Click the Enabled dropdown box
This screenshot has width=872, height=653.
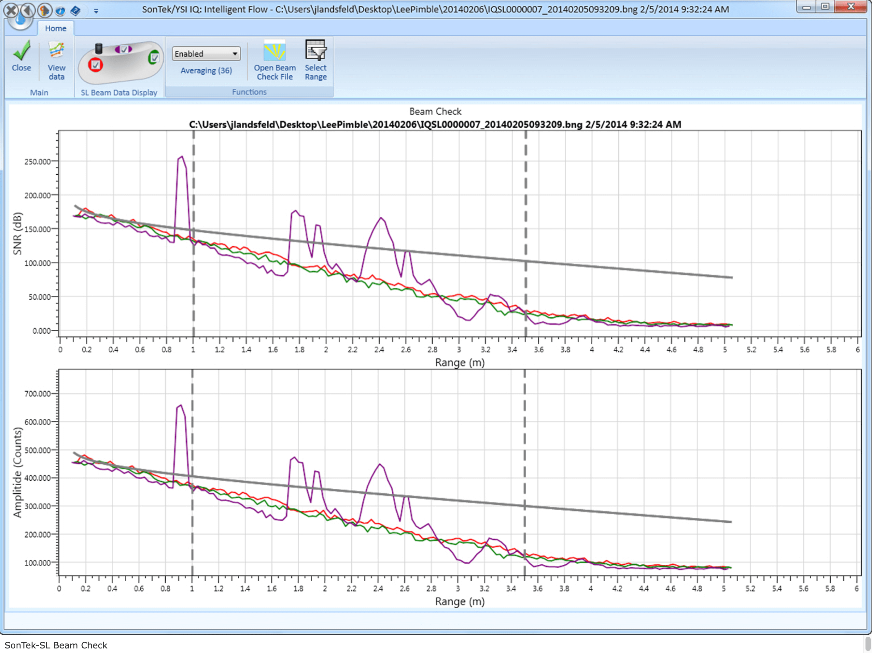point(206,54)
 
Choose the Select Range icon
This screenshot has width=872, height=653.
point(316,50)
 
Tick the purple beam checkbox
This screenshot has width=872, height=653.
point(124,49)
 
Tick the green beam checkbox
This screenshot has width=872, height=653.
point(154,58)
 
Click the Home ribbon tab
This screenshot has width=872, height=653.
point(56,28)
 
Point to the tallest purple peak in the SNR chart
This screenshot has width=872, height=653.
point(181,157)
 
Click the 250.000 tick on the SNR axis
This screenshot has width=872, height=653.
point(37,161)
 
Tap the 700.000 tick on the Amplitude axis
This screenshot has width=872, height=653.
point(37,394)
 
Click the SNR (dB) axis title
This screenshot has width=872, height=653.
point(17,234)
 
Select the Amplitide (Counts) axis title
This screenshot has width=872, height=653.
point(17,473)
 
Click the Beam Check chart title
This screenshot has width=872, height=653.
point(435,112)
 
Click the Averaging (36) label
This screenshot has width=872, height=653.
point(206,71)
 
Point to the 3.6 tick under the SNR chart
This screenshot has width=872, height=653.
point(539,350)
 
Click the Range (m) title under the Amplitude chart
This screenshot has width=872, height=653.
point(460,602)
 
